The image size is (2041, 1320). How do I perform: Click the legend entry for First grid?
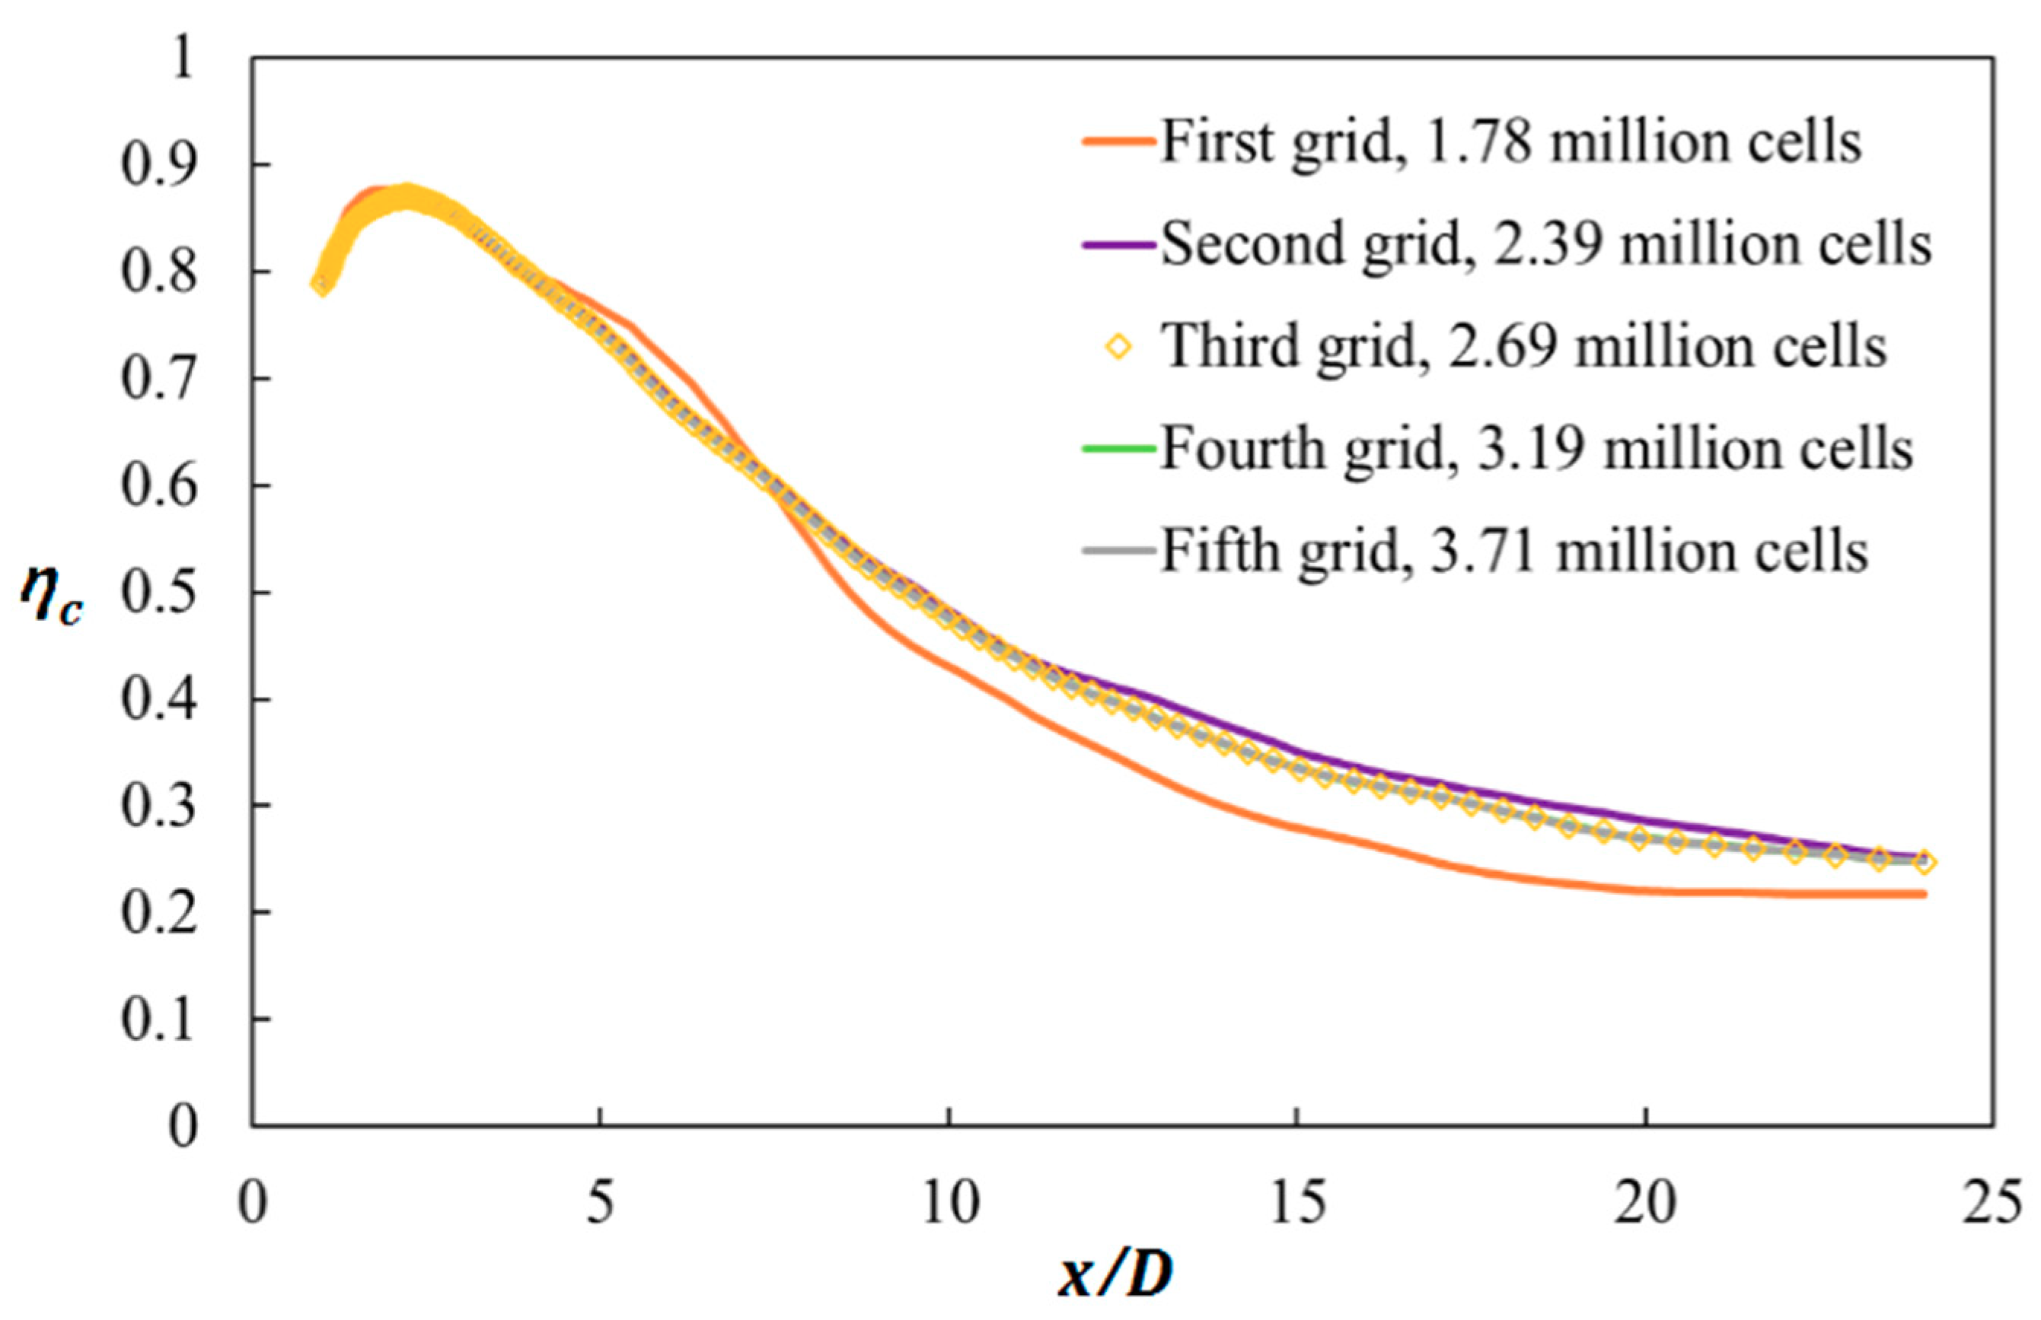tap(1511, 142)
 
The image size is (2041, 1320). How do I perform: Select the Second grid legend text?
tap(1546, 244)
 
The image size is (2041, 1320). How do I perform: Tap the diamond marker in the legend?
tap(1118, 347)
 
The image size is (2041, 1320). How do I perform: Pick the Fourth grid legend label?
tap(1537, 448)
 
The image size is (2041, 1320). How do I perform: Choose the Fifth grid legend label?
tap(1514, 551)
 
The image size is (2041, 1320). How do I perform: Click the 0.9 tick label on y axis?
tap(158, 164)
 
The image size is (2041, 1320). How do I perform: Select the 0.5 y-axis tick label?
tap(158, 592)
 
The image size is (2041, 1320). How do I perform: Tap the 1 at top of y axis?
tap(182, 60)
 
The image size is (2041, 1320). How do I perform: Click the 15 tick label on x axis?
tap(1297, 1203)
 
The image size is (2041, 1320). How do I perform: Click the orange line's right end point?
tap(1925, 895)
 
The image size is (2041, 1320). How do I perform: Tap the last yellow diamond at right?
tap(1924, 862)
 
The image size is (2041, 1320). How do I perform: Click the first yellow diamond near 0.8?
tap(321, 285)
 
